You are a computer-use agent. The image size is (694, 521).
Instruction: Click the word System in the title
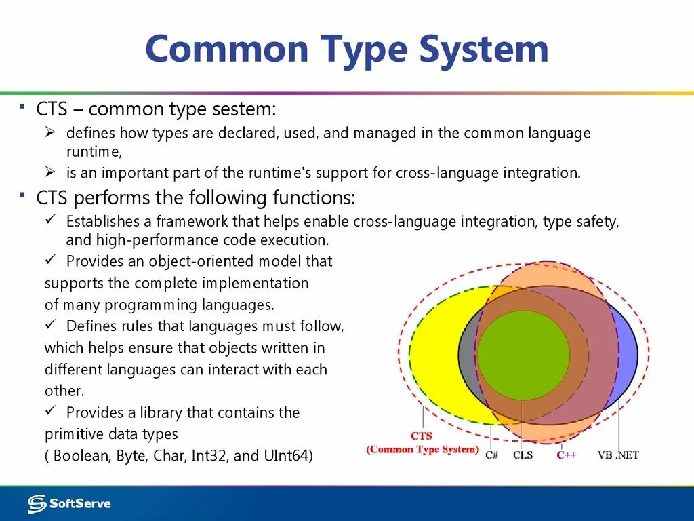484,50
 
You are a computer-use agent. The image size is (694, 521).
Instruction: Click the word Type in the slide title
363,50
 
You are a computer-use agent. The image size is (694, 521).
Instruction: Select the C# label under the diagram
492,455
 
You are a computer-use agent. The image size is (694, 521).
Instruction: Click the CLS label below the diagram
523,455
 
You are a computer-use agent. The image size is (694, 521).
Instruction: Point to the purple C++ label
567,455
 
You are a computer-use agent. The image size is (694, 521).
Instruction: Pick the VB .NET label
618,455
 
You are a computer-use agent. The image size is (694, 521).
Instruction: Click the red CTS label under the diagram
422,436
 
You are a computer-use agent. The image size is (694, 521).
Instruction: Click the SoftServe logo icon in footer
37,504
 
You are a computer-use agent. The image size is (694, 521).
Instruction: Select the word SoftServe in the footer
80,504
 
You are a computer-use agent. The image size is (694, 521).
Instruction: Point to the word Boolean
82,455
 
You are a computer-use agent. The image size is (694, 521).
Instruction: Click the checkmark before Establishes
50,219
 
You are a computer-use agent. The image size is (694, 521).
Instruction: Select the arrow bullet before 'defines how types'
49,132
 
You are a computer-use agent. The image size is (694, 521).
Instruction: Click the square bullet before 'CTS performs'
22,194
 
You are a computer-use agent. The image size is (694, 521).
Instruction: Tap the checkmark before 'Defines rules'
50,324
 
